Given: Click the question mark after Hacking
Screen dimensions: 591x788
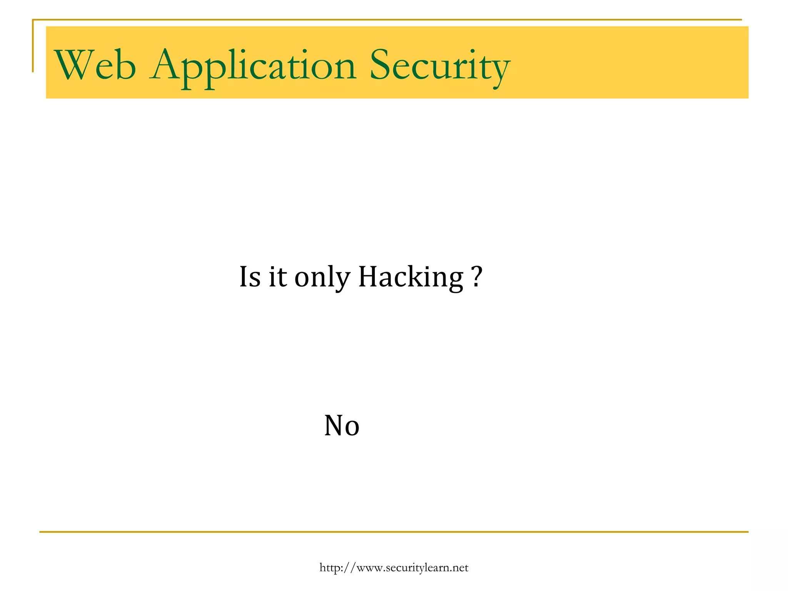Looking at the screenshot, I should pos(476,276).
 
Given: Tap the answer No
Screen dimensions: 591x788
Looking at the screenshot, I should pos(342,426).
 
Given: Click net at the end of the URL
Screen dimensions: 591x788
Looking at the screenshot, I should pos(461,568).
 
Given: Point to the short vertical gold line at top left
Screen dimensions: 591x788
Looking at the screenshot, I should pos(33,46).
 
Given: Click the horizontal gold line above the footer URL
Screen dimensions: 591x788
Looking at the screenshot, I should pos(394,532).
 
